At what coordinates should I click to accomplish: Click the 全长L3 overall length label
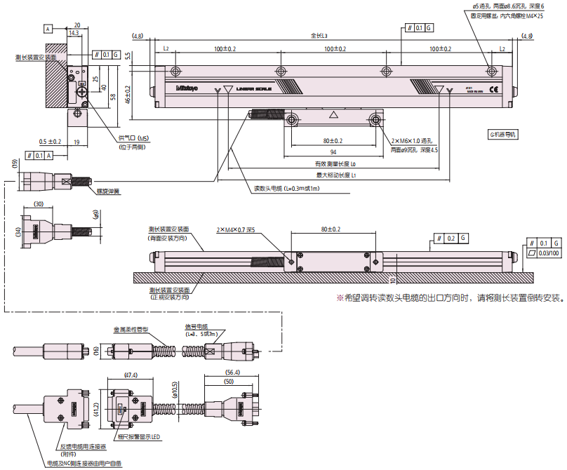(x=319, y=35)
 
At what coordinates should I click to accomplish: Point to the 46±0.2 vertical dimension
(x=128, y=94)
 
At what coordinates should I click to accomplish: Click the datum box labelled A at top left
(x=48, y=29)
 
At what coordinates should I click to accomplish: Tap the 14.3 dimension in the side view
(x=74, y=32)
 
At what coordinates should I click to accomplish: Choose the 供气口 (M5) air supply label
(x=133, y=138)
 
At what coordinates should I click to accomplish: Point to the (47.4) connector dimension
(x=131, y=376)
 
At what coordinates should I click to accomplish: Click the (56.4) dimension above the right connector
(x=233, y=372)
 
